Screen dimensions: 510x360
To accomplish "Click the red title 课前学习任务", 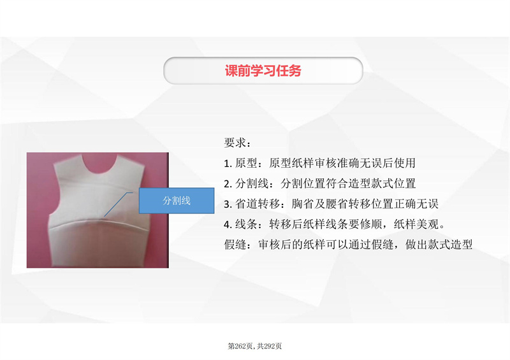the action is coord(263,71).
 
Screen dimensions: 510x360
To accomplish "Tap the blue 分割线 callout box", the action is coord(177,200).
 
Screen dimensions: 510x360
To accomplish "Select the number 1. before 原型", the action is coord(228,163).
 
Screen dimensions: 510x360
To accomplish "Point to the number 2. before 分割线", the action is coord(228,184).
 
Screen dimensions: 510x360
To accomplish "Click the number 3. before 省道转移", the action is coord(228,205).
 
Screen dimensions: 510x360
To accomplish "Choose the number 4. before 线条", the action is coord(228,224).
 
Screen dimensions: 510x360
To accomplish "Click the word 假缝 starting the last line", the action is coord(235,245).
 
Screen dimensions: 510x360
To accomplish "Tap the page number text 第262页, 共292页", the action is coord(254,346).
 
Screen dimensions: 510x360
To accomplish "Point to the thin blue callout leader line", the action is coord(119,205).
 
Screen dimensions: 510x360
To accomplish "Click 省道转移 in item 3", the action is coord(258,204).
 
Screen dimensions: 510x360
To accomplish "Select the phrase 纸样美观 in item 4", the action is coord(416,224).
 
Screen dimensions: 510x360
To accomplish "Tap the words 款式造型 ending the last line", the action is coord(450,245).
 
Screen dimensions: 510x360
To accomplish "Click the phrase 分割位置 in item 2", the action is coord(303,184).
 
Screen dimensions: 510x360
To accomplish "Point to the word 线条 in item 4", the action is coord(246,224).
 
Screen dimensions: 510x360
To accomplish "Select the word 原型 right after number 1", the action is coord(246,163).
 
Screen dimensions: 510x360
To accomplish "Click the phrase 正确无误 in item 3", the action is coord(416,204).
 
